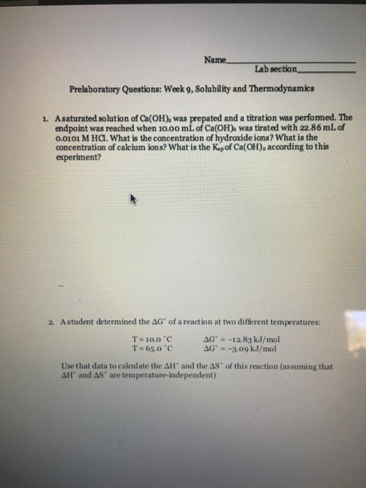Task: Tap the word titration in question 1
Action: click(248, 119)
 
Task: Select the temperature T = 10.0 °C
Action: click(148, 340)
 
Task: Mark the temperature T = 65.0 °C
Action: click(148, 348)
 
